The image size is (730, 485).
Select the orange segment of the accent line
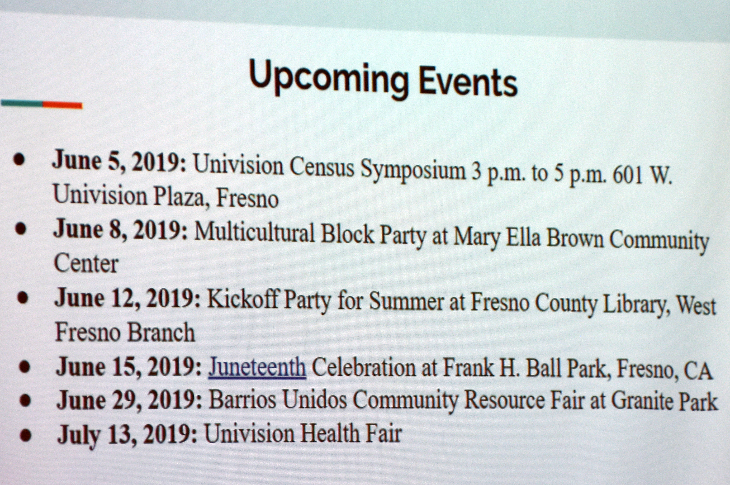pos(63,105)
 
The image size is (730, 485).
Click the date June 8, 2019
pos(120,230)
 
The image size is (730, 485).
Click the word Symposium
pos(413,171)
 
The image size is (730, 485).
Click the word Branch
pos(161,332)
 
